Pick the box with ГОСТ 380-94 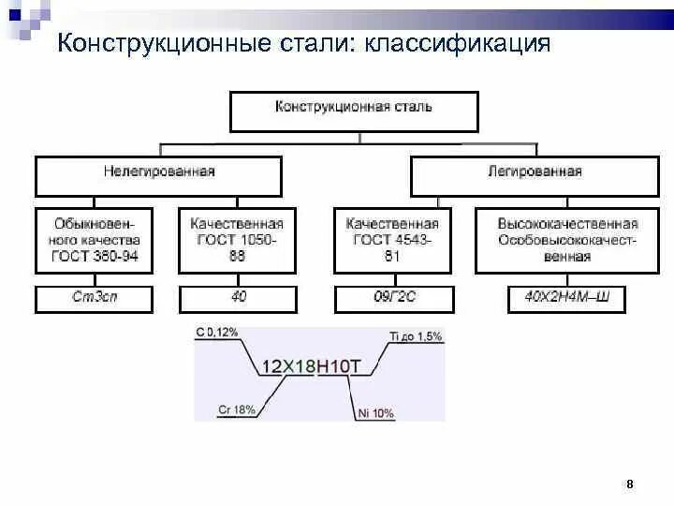[x=96, y=240]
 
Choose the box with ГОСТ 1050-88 [x=236, y=240]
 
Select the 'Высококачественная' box [x=567, y=240]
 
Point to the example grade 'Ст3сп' [x=96, y=299]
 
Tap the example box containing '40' [x=236, y=299]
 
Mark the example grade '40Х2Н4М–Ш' [x=567, y=299]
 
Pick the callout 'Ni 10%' [x=376, y=412]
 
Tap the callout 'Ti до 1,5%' [x=416, y=335]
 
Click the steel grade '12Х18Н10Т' [x=310, y=366]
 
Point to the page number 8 [x=630, y=484]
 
